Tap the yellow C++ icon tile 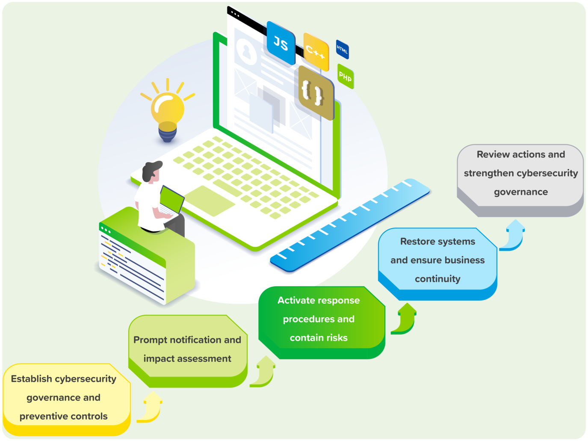click(316, 52)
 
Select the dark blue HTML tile click(343, 49)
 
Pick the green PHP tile click(346, 77)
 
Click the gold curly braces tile click(314, 93)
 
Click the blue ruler click(350, 225)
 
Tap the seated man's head click(152, 172)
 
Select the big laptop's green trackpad click(210, 201)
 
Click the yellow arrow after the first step click(150, 407)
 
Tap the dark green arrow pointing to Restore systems click(404, 319)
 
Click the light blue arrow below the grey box click(512, 235)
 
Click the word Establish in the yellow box click(32, 379)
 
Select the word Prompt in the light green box click(150, 340)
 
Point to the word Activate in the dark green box click(296, 300)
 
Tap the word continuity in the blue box click(438, 279)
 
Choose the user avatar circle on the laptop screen click(246, 51)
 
